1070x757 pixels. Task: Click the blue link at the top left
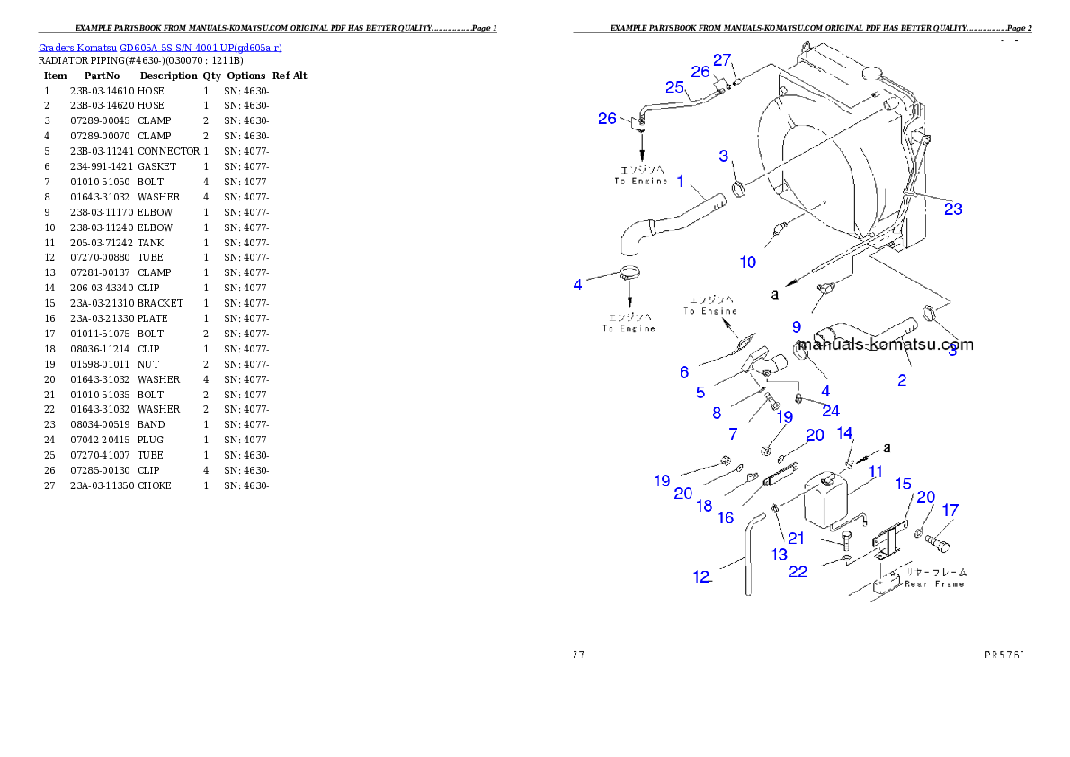click(160, 48)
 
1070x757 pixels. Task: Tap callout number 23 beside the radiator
click(953, 209)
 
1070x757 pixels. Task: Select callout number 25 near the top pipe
click(675, 86)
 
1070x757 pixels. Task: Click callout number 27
click(723, 59)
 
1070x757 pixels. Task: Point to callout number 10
click(748, 263)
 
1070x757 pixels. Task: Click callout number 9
click(797, 327)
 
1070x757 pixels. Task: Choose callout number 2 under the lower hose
click(902, 380)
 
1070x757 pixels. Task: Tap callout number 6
click(684, 371)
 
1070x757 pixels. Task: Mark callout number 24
click(831, 410)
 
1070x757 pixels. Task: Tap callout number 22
click(798, 572)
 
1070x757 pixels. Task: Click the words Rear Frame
click(934, 583)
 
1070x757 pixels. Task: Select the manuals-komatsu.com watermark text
click(886, 343)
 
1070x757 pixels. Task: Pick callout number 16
click(726, 518)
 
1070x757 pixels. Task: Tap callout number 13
click(779, 555)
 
